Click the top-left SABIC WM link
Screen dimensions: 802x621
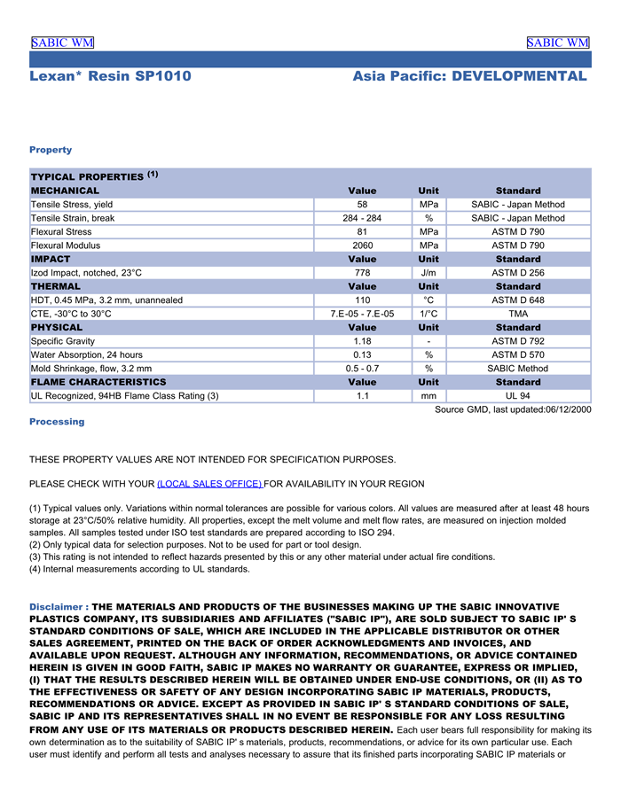(62, 43)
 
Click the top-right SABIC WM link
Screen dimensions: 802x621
(557, 43)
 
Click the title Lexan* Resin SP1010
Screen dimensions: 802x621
(110, 76)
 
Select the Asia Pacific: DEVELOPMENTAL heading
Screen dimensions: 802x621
(469, 76)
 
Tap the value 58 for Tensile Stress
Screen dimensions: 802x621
(362, 205)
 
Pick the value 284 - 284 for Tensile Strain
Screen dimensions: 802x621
(362, 218)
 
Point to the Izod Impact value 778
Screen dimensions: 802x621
(362, 273)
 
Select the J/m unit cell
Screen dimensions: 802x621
(428, 273)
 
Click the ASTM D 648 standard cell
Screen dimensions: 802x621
(518, 300)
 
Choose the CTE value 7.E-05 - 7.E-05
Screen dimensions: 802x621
(362, 314)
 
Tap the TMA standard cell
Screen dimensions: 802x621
(518, 314)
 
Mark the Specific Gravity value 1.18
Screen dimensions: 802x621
(362, 341)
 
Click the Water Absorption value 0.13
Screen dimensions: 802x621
(362, 354)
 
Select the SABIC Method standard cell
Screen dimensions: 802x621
(518, 369)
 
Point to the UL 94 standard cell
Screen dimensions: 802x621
(518, 396)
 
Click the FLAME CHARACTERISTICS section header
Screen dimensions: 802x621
(98, 382)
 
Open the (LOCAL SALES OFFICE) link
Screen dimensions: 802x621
(209, 484)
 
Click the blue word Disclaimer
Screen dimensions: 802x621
(55, 607)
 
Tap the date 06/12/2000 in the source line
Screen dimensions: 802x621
(564, 409)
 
